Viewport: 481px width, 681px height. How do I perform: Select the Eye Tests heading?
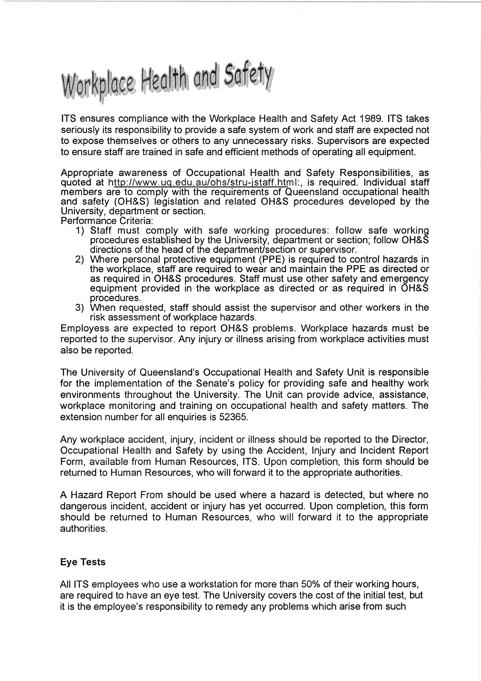(83, 562)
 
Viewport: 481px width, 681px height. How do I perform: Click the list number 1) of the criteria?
(79, 231)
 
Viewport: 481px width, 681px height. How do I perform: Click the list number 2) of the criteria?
(79, 260)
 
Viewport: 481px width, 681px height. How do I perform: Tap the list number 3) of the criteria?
(79, 308)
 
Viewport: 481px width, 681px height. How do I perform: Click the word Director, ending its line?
(410, 439)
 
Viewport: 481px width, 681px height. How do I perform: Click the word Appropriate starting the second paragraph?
(85, 173)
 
